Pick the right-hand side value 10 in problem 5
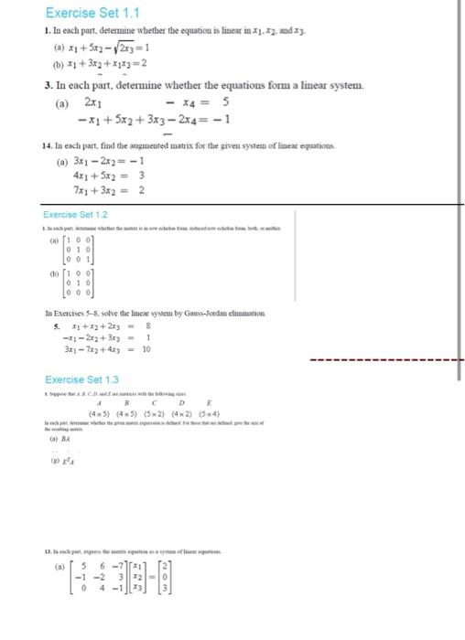pyautogui.click(x=146, y=349)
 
